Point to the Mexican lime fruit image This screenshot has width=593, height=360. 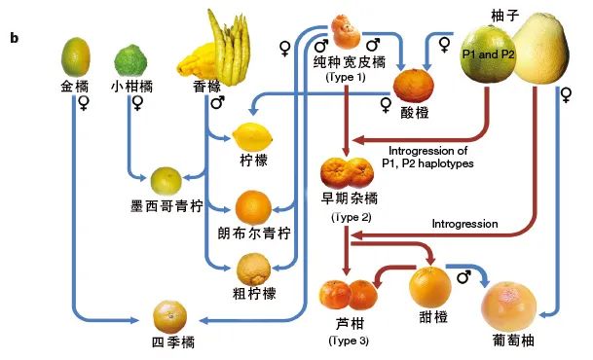coord(166,180)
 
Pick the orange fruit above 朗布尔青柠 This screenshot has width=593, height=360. coord(253,206)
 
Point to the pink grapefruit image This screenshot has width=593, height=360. coord(512,306)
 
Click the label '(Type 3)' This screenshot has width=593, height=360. coord(348,341)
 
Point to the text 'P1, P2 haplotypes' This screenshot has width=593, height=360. coord(429,163)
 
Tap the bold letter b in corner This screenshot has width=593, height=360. coord(14,38)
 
